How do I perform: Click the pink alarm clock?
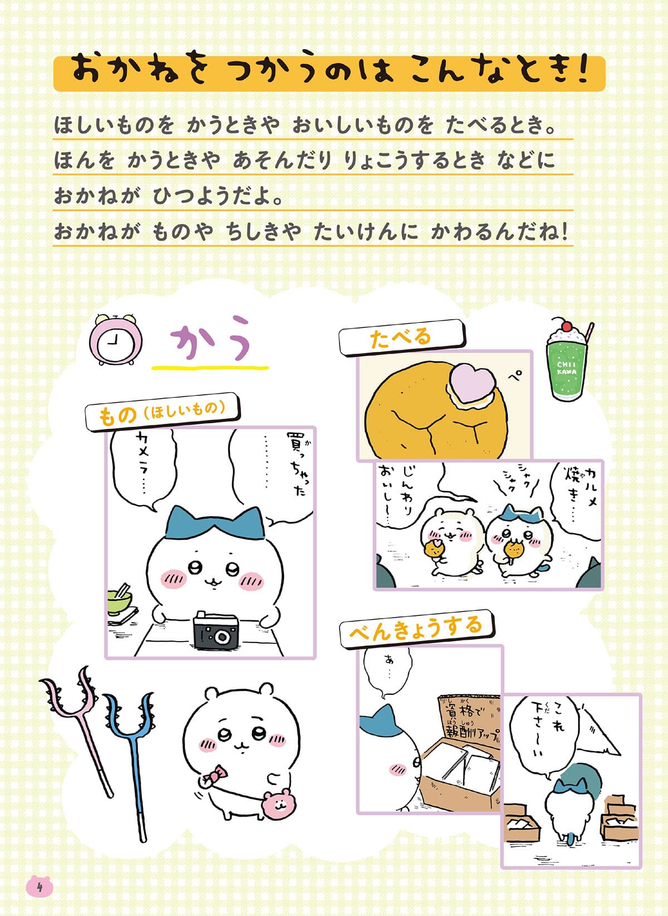pyautogui.click(x=115, y=340)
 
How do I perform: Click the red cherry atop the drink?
pyautogui.click(x=567, y=325)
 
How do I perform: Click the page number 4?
pyautogui.click(x=40, y=886)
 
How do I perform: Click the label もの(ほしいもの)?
pyautogui.click(x=162, y=412)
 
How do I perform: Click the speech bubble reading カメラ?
pyautogui.click(x=141, y=465)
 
